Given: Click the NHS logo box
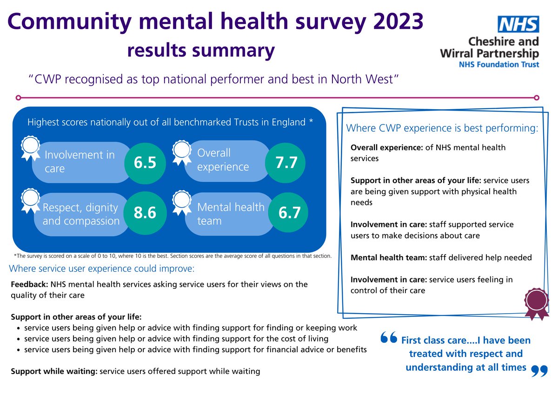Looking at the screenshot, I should (518, 24).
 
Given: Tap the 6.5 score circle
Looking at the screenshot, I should (145, 162).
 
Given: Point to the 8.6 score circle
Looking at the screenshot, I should (145, 213).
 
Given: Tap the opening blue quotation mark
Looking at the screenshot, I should (388, 338).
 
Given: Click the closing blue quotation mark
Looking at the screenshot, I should (539, 370).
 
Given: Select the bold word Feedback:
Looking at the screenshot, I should (29, 284).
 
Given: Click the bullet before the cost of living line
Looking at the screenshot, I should (18, 339).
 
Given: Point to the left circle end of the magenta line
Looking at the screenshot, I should (18, 98).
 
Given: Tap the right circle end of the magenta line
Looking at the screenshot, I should (537, 98).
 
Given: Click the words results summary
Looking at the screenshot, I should (200, 50).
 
